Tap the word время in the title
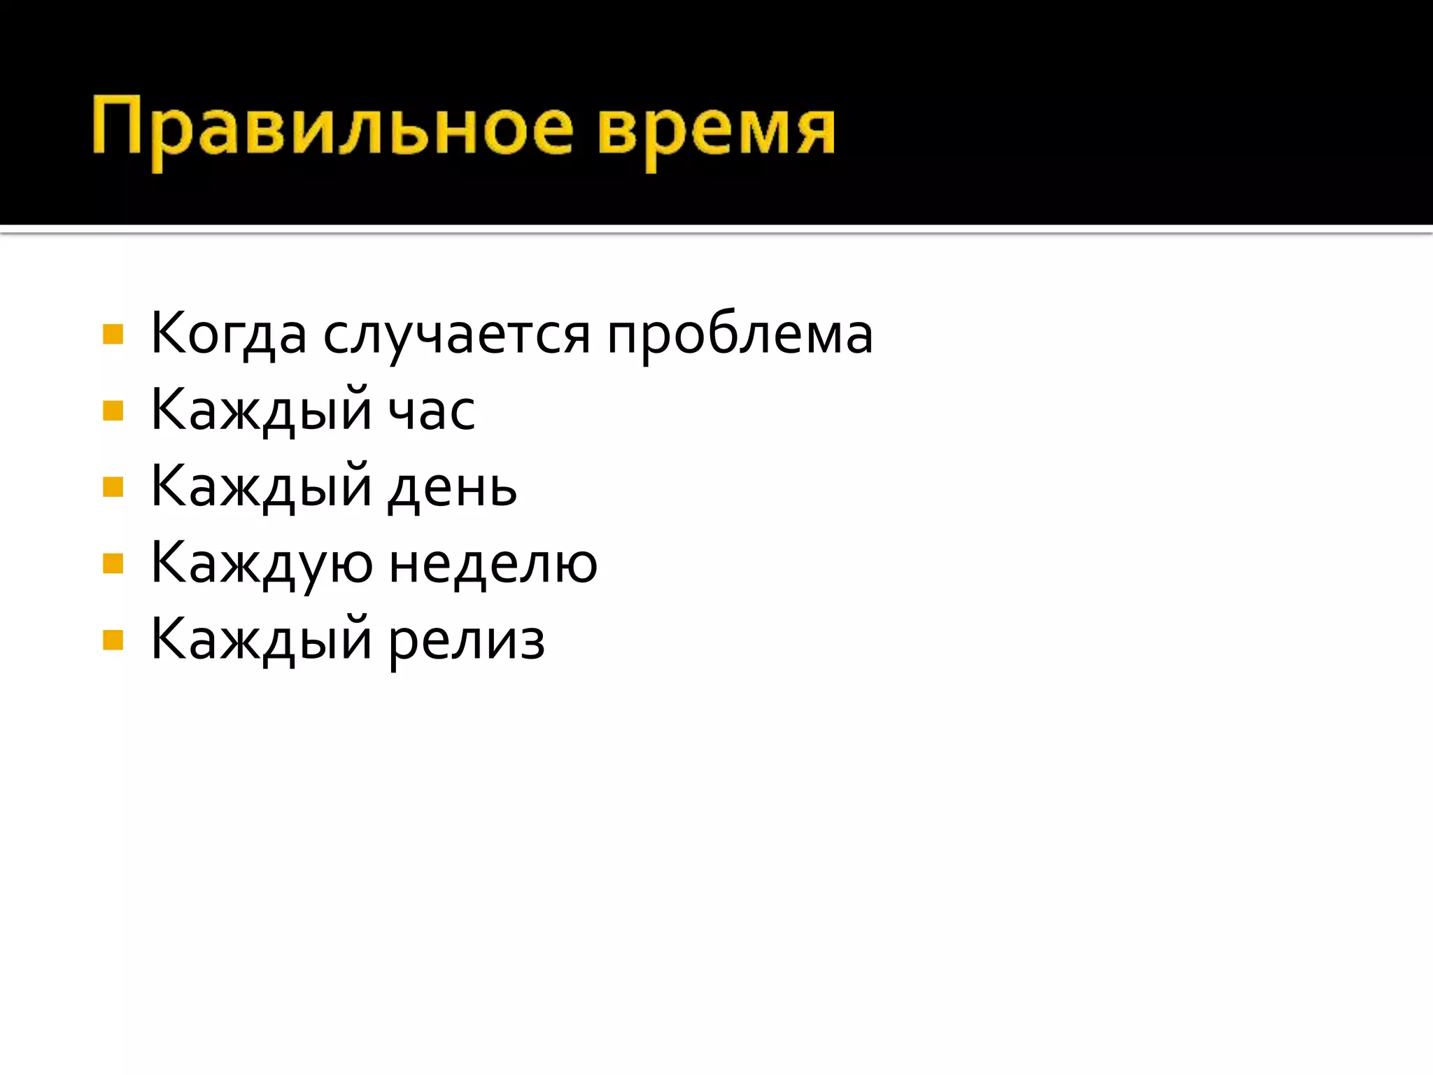(716, 130)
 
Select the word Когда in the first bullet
(229, 335)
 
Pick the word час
(432, 411)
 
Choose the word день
(453, 488)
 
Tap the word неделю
(493, 564)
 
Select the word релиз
(467, 641)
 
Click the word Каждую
(262, 564)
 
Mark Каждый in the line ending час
(261, 411)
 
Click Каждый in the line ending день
(261, 488)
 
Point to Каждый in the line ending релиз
(261, 641)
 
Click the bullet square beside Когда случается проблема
(113, 335)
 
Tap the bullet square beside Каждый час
(113, 411)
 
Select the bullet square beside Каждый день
(113, 487)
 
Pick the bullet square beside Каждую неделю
(113, 564)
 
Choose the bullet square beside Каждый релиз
(113, 640)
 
